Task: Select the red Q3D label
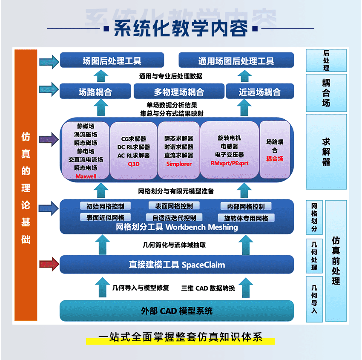coord(133,164)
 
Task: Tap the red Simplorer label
coord(179,164)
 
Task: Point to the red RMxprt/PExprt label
coord(229,163)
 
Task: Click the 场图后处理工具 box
coord(112,61)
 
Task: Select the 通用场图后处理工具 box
coord(236,61)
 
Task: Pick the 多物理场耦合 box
coord(179,92)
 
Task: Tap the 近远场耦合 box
coord(259,92)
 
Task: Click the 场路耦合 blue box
coord(95,92)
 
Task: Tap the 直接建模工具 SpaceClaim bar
coord(177,265)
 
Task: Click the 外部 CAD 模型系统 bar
coord(177,311)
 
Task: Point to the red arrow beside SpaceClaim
coord(49,264)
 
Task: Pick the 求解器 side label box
coord(326,152)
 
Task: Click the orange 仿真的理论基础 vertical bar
coord(26,185)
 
